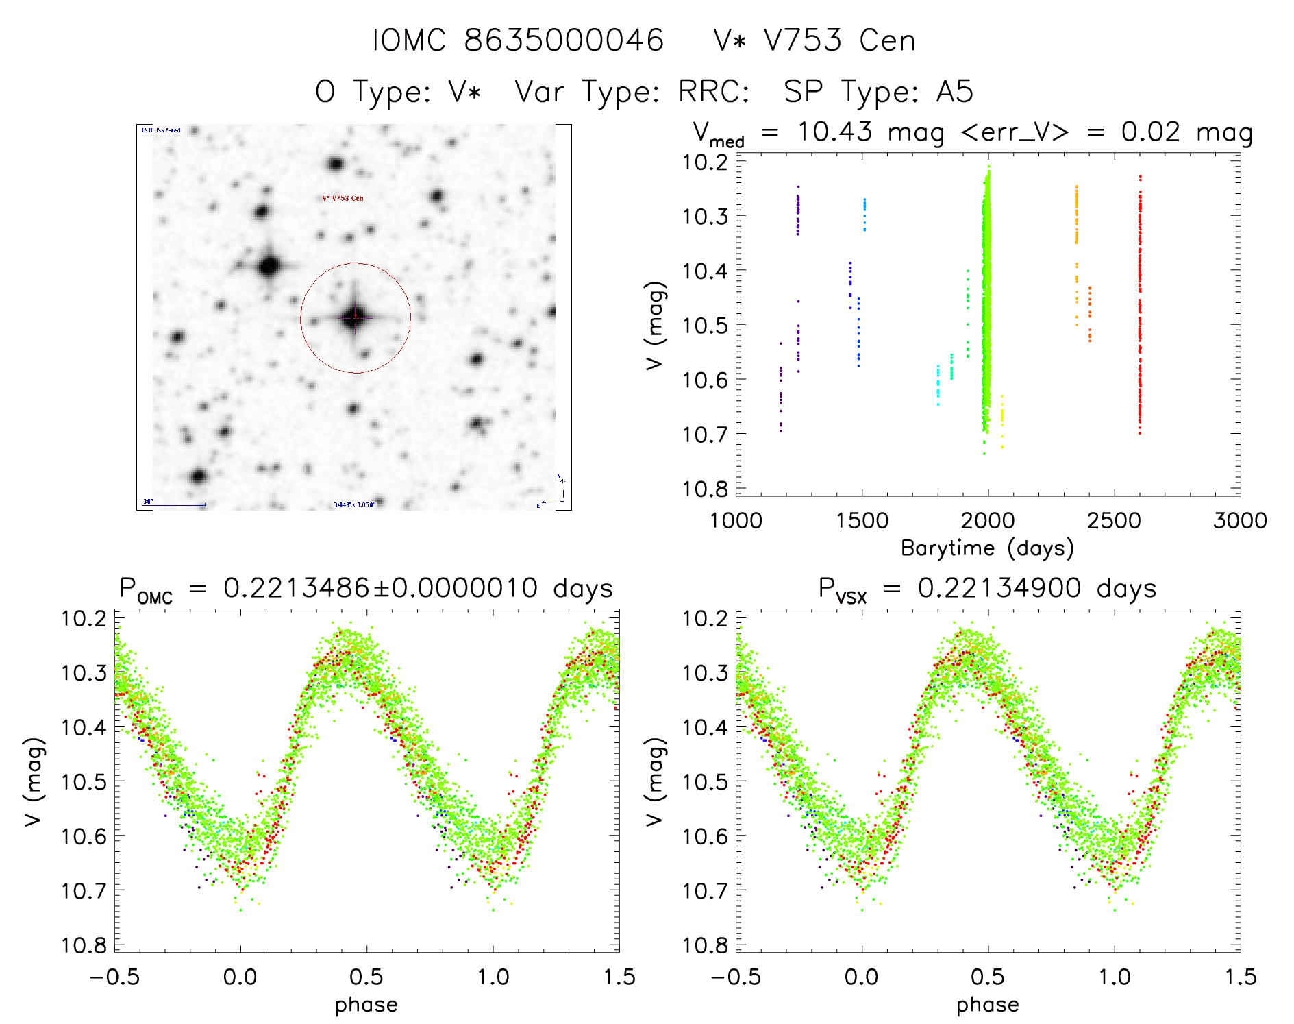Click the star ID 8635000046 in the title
tap(563, 40)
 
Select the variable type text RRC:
tap(713, 92)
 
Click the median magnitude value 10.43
tap(834, 132)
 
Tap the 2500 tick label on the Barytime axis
tap(1114, 521)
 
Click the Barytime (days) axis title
tap(987, 548)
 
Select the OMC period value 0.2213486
tap(296, 588)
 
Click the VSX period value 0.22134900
tap(999, 588)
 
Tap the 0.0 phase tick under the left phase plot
tap(240, 977)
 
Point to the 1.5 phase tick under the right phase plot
tap(1240, 977)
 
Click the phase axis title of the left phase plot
tap(366, 1005)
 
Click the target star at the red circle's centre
tap(355, 317)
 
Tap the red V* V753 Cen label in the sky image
tap(343, 198)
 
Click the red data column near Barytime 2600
tap(1140, 308)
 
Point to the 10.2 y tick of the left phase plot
tap(84, 618)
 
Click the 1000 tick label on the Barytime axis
tap(736, 521)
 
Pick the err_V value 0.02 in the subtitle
tap(1150, 132)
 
